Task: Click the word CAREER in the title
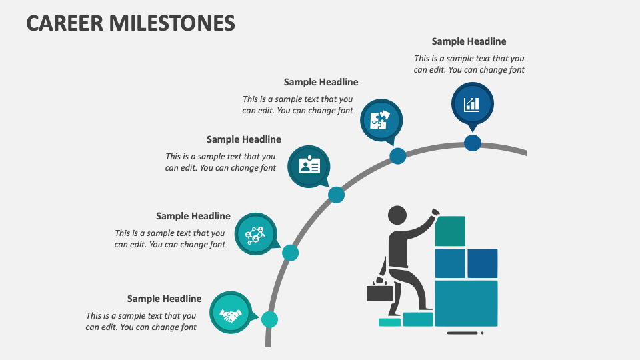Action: pyautogui.click(x=65, y=23)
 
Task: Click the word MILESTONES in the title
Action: pyautogui.click(x=172, y=23)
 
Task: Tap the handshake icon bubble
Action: pyautogui.click(x=231, y=313)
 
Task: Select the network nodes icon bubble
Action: pyautogui.click(x=256, y=234)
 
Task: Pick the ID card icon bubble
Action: pyautogui.click(x=309, y=167)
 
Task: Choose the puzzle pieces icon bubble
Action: pyautogui.click(x=381, y=121)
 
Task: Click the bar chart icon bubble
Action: pyautogui.click(x=472, y=104)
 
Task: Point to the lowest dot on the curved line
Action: pyautogui.click(x=269, y=319)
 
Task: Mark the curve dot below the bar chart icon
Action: pyautogui.click(x=473, y=143)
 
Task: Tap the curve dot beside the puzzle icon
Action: pyautogui.click(x=398, y=156)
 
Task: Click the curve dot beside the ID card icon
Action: pyautogui.click(x=336, y=195)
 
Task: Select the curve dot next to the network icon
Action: pyautogui.click(x=290, y=253)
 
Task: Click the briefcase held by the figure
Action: pyautogui.click(x=379, y=291)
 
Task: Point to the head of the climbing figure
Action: pyautogui.click(x=397, y=215)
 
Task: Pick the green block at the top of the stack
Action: pyautogui.click(x=450, y=231)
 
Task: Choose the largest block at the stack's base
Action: pyautogui.click(x=466, y=303)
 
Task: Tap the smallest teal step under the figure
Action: pyautogui.click(x=389, y=323)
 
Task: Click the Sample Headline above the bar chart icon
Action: pyautogui.click(x=469, y=41)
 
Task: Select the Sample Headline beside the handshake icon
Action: pyautogui.click(x=164, y=299)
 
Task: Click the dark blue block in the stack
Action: pyautogui.click(x=483, y=263)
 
